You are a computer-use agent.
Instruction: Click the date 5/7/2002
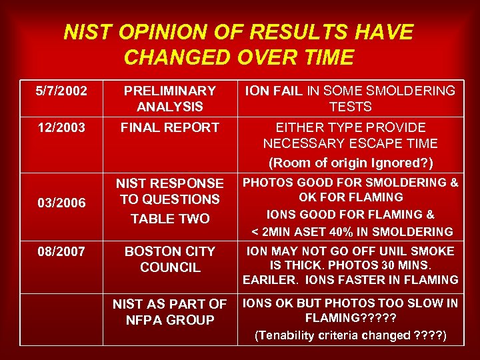point(61,90)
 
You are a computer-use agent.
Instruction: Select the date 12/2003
point(61,127)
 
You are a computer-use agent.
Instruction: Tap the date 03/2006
point(61,203)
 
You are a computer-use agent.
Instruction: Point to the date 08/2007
point(61,251)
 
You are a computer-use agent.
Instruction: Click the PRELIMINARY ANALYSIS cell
point(170,98)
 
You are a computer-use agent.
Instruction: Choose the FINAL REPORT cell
point(170,127)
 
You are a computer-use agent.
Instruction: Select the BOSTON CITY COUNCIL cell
point(170,259)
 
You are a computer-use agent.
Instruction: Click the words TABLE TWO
point(170,219)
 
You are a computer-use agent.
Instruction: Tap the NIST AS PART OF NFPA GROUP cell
point(170,311)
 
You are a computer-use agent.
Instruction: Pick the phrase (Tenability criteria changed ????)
point(350,335)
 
